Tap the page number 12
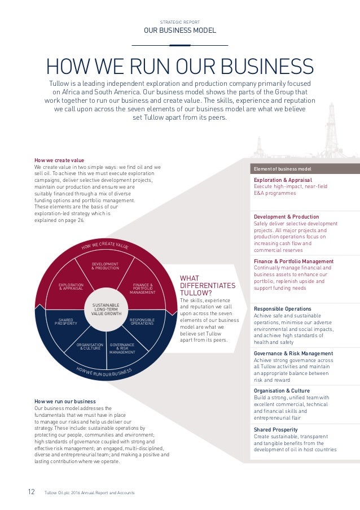tap(32, 492)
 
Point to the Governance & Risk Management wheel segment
tap(122, 348)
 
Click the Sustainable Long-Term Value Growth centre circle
tap(106, 309)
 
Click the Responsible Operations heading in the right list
tap(283, 309)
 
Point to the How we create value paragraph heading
tap(59, 160)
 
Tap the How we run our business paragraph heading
tap(65, 402)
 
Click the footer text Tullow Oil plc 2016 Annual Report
tap(89, 493)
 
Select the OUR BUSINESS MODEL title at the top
tap(179, 31)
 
